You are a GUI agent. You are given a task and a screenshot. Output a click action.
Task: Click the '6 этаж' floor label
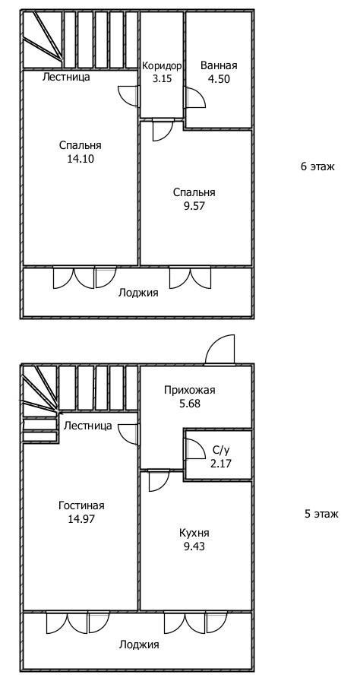(x=317, y=166)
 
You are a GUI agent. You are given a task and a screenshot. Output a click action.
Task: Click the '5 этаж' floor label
(x=321, y=514)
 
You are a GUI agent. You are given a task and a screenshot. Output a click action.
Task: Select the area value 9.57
(x=194, y=205)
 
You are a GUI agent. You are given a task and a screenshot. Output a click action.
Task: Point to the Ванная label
(x=219, y=65)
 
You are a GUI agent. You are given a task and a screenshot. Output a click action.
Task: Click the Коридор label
(x=161, y=65)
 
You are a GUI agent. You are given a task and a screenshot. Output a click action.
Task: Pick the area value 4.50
(x=219, y=78)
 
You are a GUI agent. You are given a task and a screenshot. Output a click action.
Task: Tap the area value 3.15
(x=161, y=78)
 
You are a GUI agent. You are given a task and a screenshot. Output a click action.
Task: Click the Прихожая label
(x=190, y=391)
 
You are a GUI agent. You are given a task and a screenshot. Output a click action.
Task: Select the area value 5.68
(x=190, y=404)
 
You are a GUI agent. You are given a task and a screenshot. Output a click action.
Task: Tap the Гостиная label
(x=81, y=505)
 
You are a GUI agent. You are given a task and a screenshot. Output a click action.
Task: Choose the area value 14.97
(x=81, y=519)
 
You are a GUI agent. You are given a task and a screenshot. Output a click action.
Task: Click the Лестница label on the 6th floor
(x=66, y=77)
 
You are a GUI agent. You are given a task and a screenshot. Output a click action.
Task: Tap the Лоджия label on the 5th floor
(x=139, y=645)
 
